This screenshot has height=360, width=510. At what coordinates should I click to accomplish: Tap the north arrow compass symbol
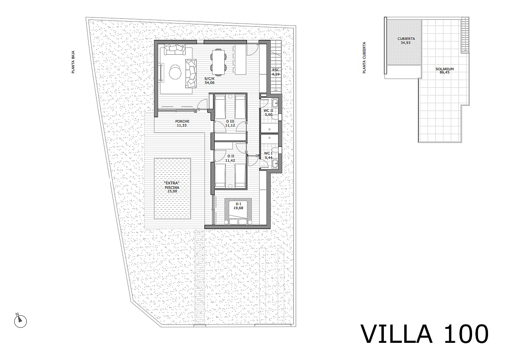point(20,321)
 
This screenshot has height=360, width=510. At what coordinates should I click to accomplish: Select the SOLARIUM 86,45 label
point(445,71)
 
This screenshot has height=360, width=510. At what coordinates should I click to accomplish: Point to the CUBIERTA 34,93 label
point(406,41)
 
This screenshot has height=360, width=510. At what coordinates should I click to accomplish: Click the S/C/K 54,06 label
point(210,81)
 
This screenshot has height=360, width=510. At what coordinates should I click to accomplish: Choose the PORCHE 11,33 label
point(182,123)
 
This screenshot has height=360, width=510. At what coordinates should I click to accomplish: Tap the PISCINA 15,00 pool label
point(172,187)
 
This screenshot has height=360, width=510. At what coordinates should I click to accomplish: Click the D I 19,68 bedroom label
point(238,206)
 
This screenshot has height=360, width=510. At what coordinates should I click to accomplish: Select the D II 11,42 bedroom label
point(230,158)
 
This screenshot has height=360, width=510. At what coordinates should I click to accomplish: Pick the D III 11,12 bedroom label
point(230,123)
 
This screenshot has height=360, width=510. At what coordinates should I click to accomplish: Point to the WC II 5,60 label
point(269,113)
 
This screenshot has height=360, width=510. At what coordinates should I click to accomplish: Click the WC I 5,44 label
point(268,155)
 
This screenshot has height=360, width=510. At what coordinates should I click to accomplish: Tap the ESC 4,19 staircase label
point(275,72)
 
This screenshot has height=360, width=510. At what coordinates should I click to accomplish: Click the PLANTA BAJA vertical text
point(73,62)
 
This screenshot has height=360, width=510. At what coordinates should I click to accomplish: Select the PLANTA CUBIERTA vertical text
point(364,57)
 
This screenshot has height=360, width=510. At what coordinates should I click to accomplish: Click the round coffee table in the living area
point(175,72)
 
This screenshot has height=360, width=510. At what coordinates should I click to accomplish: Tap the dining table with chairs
point(219,62)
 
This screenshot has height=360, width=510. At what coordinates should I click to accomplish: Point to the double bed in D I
point(238,211)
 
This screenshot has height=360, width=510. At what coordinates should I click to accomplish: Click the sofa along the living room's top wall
point(175,49)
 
